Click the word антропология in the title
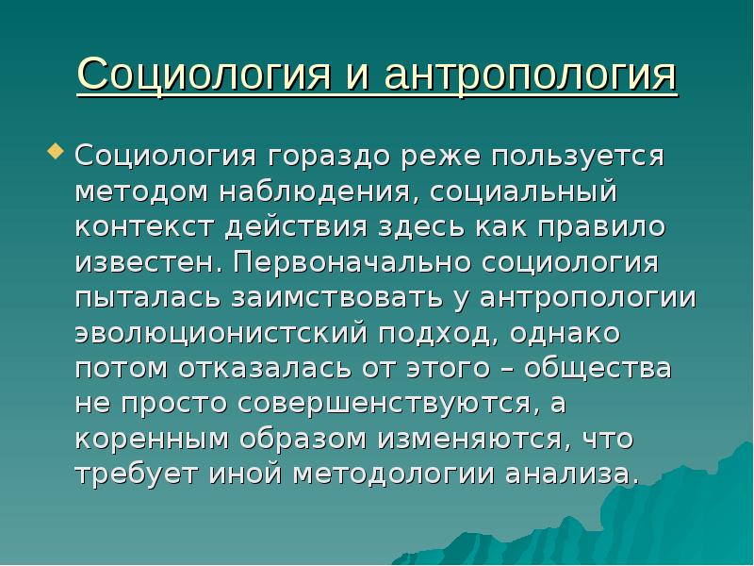click(x=518, y=75)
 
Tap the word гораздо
click(x=325, y=155)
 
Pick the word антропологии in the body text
click(x=587, y=297)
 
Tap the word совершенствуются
click(x=386, y=403)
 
